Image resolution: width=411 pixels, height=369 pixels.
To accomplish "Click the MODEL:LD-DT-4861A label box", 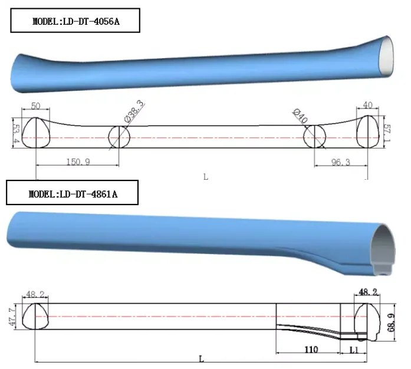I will point(73,193).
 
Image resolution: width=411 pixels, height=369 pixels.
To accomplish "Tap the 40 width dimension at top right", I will point(368,105).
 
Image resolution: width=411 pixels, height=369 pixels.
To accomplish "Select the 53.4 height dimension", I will point(16,133).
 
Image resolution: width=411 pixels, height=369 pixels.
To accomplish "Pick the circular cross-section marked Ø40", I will point(314,137).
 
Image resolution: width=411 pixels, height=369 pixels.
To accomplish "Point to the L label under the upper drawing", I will point(206,176).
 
